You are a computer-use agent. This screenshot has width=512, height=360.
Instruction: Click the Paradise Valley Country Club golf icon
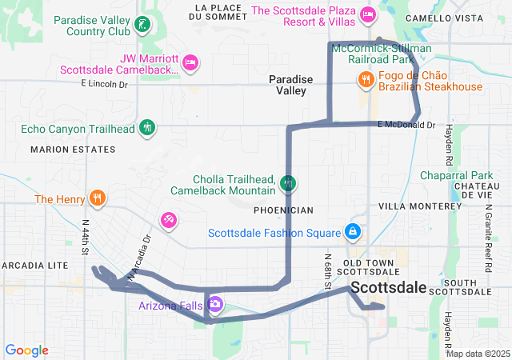(x=142, y=24)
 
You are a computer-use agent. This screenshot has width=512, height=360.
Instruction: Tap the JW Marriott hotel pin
(x=190, y=62)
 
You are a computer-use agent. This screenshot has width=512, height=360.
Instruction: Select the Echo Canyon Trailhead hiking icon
(x=147, y=127)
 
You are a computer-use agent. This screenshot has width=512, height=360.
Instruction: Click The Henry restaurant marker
(x=98, y=198)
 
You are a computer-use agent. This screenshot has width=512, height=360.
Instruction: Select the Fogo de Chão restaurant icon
(x=366, y=79)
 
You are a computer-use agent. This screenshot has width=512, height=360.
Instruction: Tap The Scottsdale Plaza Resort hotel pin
(x=368, y=13)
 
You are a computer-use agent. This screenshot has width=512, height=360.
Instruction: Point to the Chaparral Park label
(x=457, y=175)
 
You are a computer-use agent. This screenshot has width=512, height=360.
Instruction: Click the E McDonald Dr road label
(x=406, y=125)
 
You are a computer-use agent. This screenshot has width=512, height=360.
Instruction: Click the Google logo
(x=26, y=350)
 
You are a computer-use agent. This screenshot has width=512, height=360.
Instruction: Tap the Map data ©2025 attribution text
(x=478, y=354)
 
